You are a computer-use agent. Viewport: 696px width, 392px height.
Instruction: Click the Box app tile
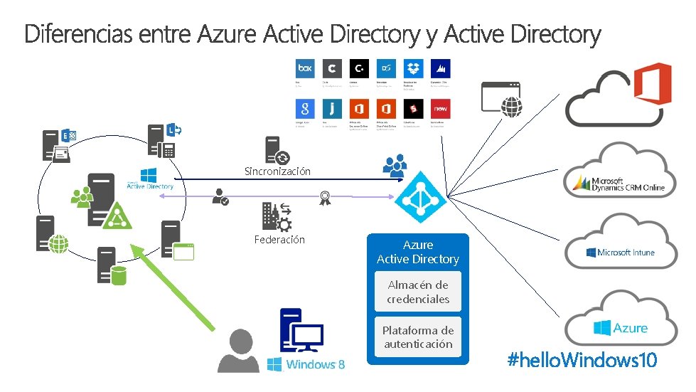(304, 69)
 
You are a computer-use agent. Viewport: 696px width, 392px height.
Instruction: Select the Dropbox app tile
(413, 69)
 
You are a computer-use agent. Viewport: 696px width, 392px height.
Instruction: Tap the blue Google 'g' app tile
(304, 109)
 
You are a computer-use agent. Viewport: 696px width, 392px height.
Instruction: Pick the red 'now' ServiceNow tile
(441, 109)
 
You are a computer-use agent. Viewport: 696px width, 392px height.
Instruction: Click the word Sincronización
(277, 171)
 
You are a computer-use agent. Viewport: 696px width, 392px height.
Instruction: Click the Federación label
(279, 240)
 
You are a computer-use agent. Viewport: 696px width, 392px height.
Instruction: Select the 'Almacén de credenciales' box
(418, 292)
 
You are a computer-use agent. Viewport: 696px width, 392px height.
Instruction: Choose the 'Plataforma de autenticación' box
(418, 337)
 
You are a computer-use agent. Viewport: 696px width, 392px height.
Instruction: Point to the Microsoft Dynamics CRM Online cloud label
(619, 184)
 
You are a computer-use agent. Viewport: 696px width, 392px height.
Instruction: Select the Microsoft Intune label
(621, 253)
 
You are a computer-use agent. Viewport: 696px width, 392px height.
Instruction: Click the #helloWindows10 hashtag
(582, 360)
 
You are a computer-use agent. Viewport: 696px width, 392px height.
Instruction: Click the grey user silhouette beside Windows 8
(238, 351)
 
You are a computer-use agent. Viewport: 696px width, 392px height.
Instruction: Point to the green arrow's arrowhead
(140, 249)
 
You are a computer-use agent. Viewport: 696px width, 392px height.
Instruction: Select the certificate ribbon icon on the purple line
(325, 197)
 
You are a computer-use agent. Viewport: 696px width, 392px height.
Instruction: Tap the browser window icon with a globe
(502, 97)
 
